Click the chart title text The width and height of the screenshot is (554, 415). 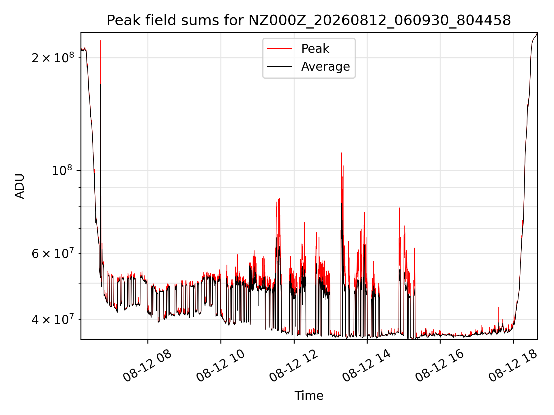[309, 20]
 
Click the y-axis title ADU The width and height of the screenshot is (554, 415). [20, 186]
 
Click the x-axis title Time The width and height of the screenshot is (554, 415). [309, 395]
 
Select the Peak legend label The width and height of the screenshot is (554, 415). [315, 48]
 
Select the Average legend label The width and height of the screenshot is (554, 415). [325, 67]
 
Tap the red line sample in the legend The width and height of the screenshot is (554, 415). [280, 49]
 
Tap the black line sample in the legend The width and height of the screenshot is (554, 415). [280, 67]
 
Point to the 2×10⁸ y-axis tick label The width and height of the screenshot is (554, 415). [53, 58]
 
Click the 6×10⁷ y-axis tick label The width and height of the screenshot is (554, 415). [53, 253]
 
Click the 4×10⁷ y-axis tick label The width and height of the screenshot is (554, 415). [53, 319]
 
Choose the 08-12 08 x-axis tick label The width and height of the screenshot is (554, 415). [147, 366]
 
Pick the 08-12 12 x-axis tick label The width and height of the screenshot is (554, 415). [294, 366]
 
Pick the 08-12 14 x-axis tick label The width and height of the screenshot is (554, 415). [367, 366]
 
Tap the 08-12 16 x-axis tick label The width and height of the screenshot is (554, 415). [440, 366]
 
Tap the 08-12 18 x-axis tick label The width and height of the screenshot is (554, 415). [513, 366]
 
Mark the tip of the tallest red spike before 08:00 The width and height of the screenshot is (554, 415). [100, 41]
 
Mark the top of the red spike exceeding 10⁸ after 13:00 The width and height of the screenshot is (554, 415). [342, 153]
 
